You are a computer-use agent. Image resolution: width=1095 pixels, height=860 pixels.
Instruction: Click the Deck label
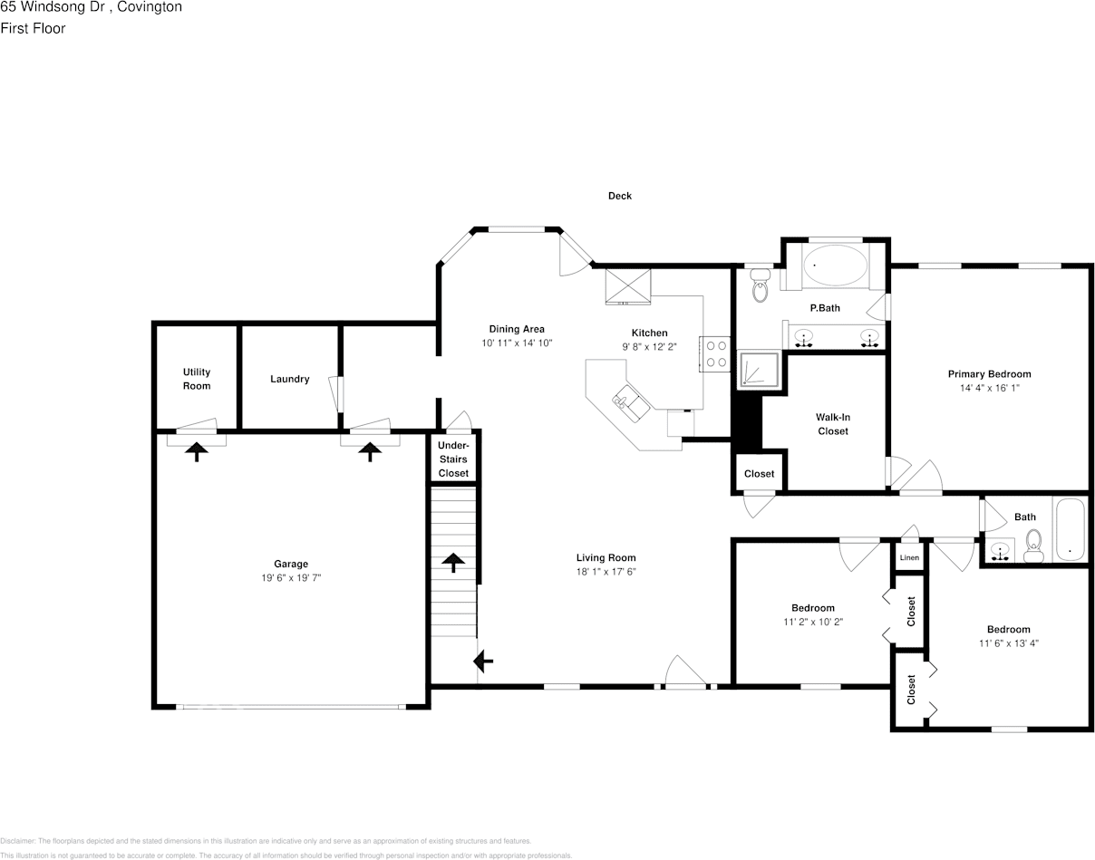[x=620, y=196]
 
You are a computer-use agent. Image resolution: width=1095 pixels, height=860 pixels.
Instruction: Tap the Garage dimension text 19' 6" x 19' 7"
[x=291, y=577]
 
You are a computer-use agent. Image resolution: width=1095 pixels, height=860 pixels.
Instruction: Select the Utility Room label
[x=197, y=379]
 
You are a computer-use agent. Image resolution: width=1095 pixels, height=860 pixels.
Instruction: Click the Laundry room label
[x=289, y=379]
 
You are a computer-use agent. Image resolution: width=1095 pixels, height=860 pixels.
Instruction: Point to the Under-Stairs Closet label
[x=453, y=459]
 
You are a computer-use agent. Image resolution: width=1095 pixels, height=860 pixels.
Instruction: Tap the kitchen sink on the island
[x=630, y=401]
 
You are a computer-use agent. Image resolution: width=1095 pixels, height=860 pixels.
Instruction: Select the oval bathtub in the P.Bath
[x=835, y=265]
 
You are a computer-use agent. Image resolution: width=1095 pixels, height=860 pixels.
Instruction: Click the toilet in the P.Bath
[x=760, y=288]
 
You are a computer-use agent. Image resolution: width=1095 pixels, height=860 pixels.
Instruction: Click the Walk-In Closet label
[x=832, y=424]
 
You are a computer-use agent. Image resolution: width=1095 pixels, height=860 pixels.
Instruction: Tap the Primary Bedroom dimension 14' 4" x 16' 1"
[x=989, y=388]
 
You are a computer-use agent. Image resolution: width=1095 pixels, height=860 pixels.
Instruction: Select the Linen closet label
[x=909, y=557]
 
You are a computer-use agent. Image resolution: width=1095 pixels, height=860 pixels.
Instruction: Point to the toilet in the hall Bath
[x=1033, y=546]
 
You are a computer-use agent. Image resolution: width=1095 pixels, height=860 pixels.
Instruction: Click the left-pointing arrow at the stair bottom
[x=484, y=662]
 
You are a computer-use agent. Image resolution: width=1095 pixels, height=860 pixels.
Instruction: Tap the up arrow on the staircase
[x=451, y=562]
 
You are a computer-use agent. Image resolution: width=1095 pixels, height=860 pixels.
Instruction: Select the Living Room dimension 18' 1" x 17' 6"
[x=606, y=572]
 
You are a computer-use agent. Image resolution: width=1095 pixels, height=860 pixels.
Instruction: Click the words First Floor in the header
[x=33, y=28]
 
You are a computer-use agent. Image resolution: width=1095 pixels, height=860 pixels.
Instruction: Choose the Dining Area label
[x=517, y=329]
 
